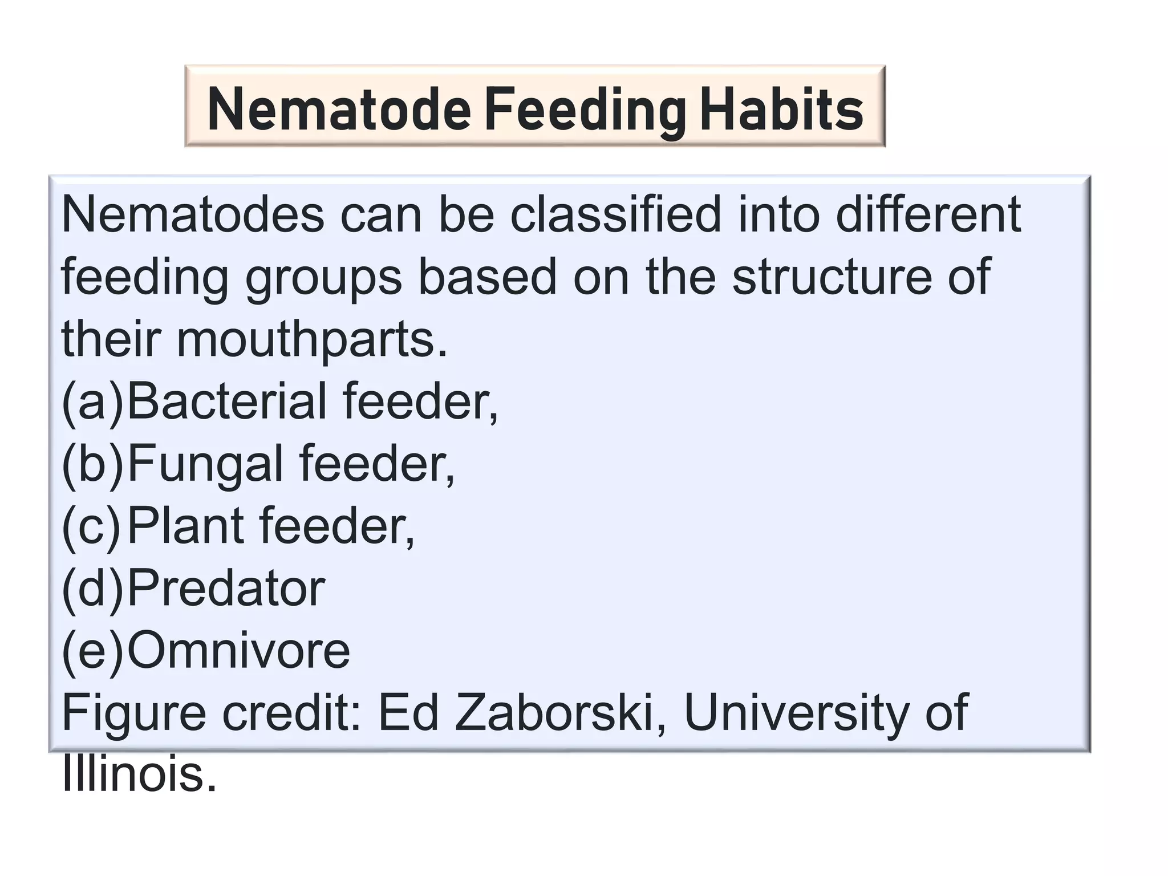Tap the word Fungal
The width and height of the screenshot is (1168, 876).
click(205, 464)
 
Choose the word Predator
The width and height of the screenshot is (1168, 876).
click(226, 588)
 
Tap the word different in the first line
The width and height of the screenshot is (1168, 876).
click(928, 215)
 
